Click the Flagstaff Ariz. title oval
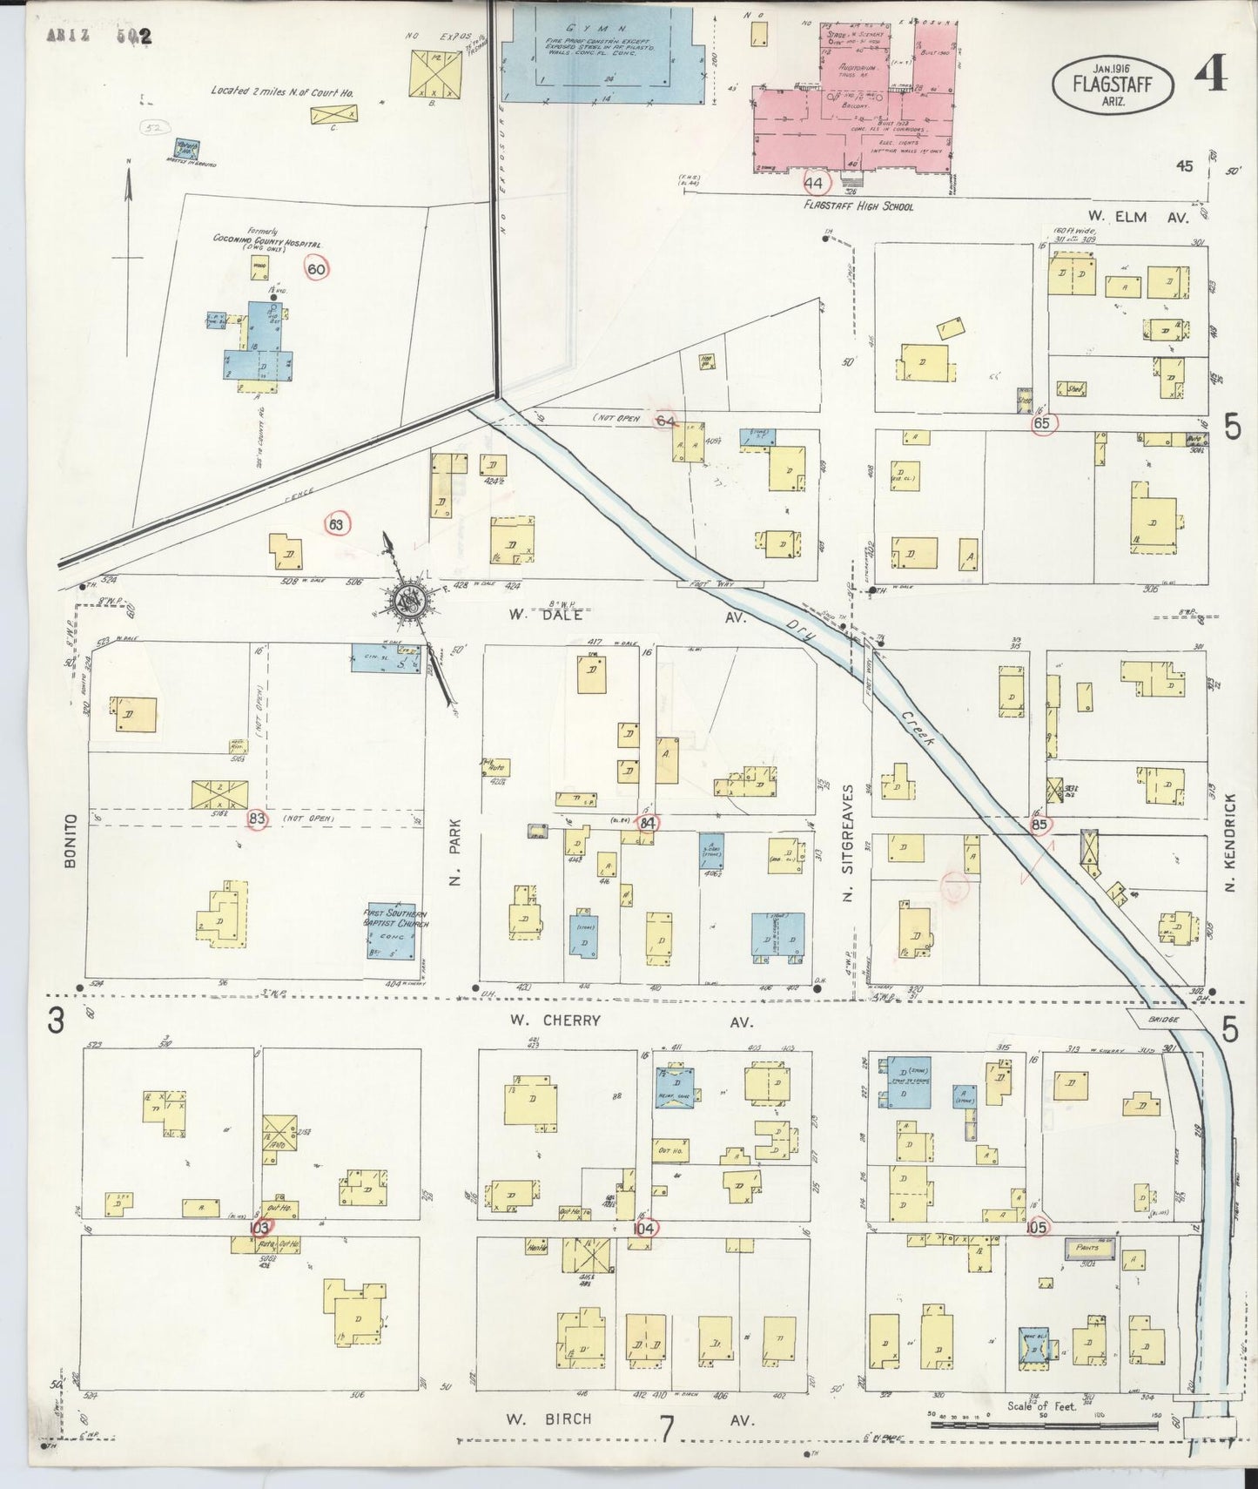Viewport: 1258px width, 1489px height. tap(1113, 84)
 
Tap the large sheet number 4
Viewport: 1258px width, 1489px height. tap(1210, 76)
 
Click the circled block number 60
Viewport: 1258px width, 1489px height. tap(316, 270)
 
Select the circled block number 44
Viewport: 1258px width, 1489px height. tap(815, 183)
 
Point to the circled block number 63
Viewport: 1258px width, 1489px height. tap(336, 524)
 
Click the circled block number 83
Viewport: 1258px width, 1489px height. tap(257, 819)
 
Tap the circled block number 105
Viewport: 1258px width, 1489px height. tap(1036, 1227)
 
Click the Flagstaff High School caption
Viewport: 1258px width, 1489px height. tap(858, 206)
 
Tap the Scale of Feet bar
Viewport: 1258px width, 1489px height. tap(1045, 1424)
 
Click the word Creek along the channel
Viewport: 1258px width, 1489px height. tap(916, 728)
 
